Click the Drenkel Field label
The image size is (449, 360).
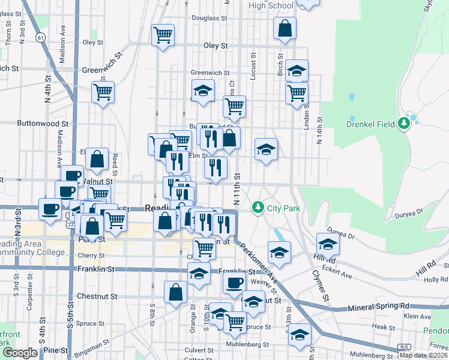370,125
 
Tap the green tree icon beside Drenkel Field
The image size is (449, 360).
405,124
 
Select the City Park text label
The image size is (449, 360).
283,208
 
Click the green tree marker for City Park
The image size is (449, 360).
258,208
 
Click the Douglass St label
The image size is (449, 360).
209,19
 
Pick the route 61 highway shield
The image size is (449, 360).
40,37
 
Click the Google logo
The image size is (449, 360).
20,353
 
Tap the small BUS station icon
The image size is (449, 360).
405,347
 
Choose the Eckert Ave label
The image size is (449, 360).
336,268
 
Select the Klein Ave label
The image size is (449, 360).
417,316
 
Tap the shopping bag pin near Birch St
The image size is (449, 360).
285,28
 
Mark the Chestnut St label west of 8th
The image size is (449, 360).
98,296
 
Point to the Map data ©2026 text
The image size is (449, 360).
423,355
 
